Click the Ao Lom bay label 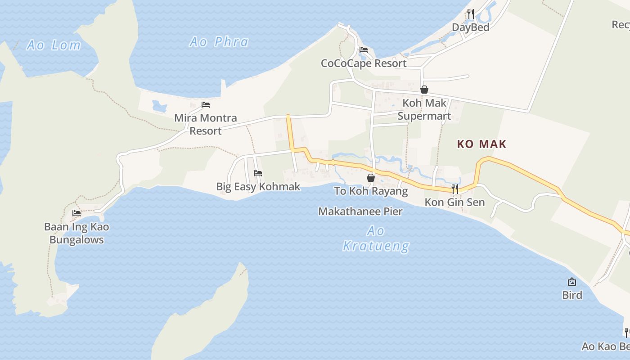[54, 45]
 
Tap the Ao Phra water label [219, 42]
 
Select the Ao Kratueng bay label [376, 238]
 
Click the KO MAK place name [481, 144]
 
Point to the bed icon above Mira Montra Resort [206, 105]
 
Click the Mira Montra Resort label [205, 124]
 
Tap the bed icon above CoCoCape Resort [364, 49]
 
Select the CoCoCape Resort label [364, 63]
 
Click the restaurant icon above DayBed [470, 13]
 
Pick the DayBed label [470, 27]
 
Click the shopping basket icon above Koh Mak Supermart [424, 90]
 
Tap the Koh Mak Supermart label [424, 109]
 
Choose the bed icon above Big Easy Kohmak [258, 173]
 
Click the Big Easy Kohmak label [258, 186]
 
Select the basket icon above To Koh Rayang [371, 178]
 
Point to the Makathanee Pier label [360, 211]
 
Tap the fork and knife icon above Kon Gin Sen [455, 189]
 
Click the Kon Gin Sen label [454, 202]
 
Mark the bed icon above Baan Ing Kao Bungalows [76, 213]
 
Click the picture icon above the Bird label [572, 282]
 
